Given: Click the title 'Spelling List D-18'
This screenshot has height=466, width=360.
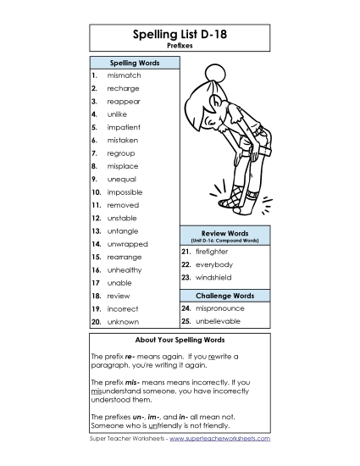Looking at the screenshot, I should coord(180,35).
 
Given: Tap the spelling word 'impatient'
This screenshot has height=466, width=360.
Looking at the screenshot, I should coord(124,127).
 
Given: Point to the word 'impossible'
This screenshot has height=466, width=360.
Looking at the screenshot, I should coord(124,192).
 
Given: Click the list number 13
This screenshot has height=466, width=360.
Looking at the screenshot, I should coord(97,230).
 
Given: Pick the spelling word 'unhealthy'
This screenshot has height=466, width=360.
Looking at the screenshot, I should coord(124,269).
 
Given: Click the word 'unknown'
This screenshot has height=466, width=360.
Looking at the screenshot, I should coord(123,322).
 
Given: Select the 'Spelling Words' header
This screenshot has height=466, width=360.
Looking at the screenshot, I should coord(134,63).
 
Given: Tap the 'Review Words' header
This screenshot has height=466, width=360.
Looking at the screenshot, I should coord(224,232).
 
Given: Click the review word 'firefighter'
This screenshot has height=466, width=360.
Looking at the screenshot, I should coord(212,252).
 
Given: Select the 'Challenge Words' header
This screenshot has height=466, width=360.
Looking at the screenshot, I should coord(224,296).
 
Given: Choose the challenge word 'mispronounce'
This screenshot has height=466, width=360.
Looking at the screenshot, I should coord(219,308).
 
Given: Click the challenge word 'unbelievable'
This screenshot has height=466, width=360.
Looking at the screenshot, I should coord(218,322).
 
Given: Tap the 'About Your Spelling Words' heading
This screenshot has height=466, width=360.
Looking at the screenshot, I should coord(180,341).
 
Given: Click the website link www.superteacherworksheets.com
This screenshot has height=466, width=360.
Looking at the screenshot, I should coord(219,440).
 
